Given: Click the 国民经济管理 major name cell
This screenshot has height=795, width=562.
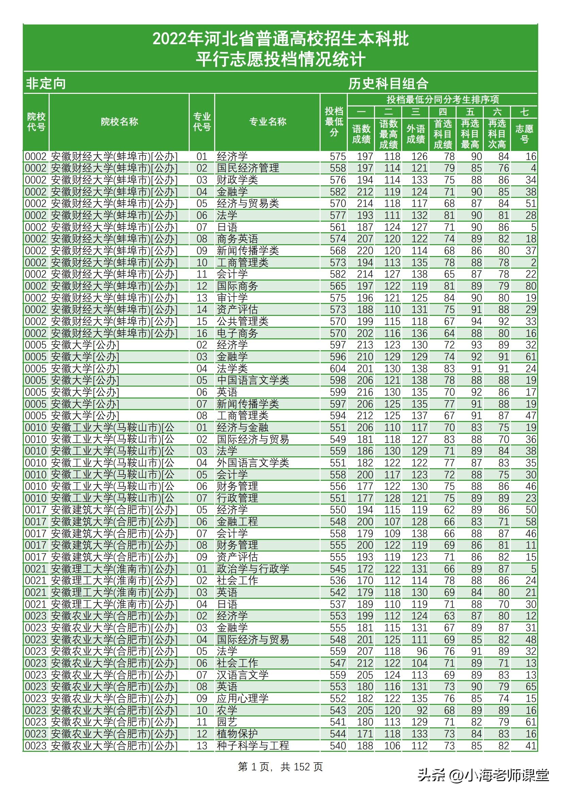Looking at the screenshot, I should (x=248, y=168).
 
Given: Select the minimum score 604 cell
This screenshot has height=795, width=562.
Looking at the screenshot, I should (x=337, y=369).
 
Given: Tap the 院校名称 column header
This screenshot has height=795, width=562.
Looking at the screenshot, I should (x=119, y=122).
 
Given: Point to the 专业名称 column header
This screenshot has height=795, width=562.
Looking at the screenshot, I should (x=267, y=122).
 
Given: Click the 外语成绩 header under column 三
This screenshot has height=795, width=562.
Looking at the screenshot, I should (x=415, y=134).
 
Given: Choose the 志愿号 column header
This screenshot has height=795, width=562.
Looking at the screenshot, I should (x=524, y=134).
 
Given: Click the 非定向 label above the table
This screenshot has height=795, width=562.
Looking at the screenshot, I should (x=46, y=83).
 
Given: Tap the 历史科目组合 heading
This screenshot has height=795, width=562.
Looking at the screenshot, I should (x=388, y=83).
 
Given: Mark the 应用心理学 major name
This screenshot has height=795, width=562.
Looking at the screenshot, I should (x=242, y=698).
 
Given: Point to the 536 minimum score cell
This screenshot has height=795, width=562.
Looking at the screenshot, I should (x=337, y=581).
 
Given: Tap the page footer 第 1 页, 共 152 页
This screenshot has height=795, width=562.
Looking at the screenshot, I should (x=280, y=767).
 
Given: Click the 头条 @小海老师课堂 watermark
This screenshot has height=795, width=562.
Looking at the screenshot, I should (x=483, y=775).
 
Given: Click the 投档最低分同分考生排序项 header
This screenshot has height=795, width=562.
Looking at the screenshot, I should (x=443, y=100).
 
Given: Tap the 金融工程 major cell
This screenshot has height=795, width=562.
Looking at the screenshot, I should (x=238, y=522).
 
